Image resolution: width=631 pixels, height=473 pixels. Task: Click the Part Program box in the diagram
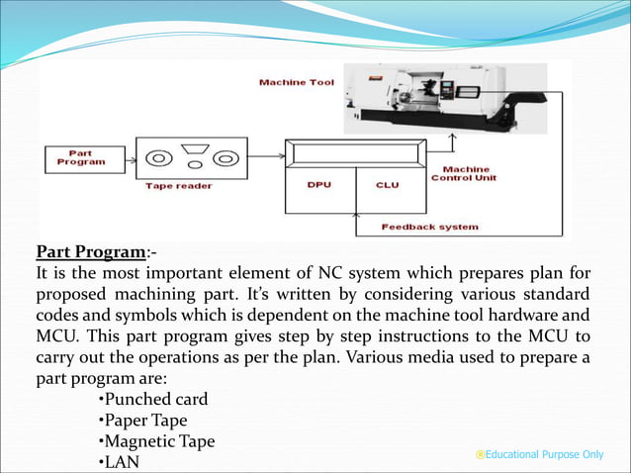coord(80,159)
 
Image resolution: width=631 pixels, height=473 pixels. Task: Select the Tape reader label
coord(179,185)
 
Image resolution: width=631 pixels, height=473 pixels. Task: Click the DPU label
coord(319,185)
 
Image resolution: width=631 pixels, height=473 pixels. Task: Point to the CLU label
coord(388,185)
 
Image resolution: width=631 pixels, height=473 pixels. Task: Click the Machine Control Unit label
coord(464,173)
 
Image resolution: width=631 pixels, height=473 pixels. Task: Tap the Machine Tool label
coord(296,82)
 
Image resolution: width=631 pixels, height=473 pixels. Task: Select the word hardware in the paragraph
coord(526,315)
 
